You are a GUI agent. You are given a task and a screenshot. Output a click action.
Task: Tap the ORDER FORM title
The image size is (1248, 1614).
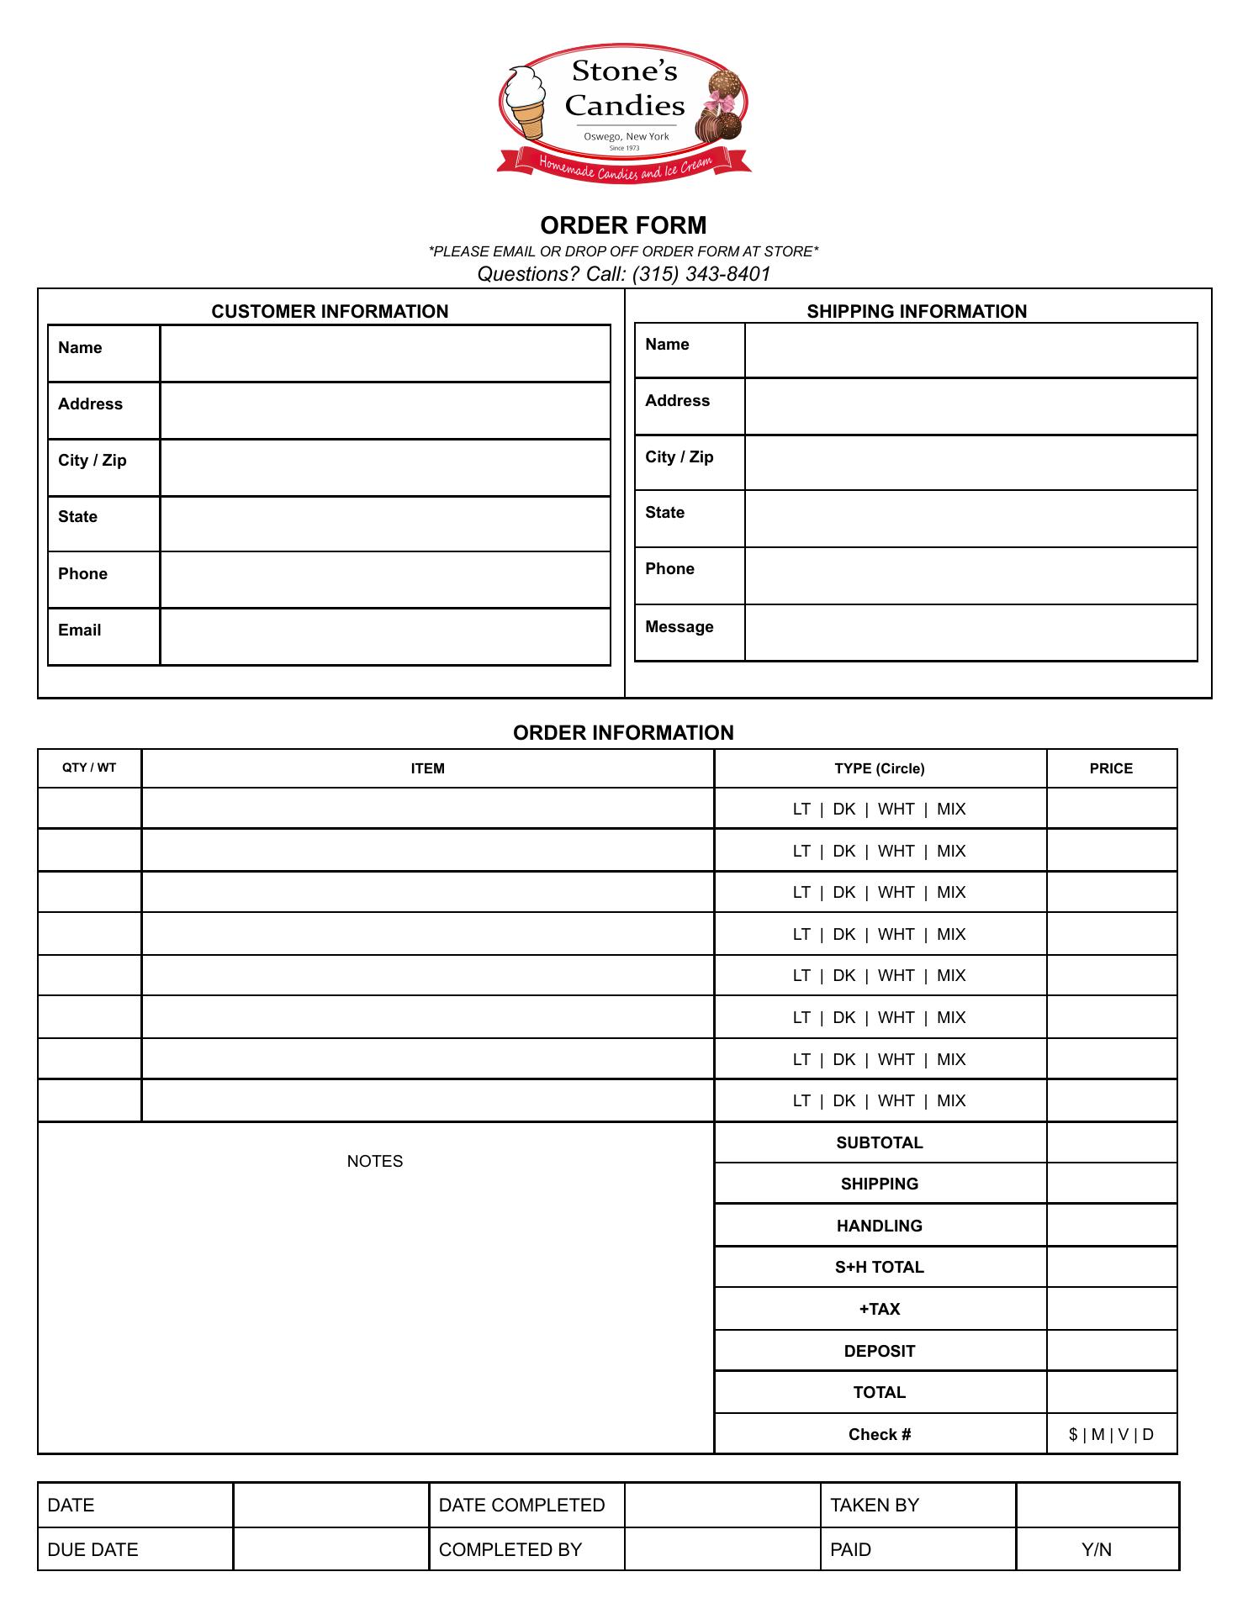pos(623,225)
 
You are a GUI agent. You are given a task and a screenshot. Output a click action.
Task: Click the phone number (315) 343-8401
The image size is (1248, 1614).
pos(701,274)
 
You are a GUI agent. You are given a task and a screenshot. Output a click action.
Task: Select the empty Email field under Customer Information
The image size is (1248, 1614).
pos(384,636)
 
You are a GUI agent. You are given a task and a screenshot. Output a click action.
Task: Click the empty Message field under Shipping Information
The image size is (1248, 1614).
pos(970,632)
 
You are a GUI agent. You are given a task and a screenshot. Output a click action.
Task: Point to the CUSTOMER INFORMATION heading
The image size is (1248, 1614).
pos(330,311)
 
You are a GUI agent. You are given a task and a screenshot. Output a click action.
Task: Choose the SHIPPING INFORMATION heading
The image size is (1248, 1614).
pos(917,311)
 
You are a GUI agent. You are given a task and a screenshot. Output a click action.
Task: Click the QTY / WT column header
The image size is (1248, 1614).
pos(89,767)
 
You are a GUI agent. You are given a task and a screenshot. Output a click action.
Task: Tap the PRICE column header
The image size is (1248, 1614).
pos(1111,768)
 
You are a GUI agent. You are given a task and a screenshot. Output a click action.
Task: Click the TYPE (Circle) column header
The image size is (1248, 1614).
pos(880,768)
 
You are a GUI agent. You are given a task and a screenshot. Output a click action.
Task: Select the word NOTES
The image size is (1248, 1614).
pos(375,1161)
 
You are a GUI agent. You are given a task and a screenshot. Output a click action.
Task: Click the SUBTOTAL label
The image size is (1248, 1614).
pos(880,1142)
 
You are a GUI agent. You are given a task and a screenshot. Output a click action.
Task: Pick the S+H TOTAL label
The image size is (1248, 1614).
pos(880,1267)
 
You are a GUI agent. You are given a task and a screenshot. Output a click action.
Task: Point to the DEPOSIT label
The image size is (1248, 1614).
pos(880,1351)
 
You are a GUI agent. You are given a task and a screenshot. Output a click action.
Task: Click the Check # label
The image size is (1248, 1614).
pos(880,1434)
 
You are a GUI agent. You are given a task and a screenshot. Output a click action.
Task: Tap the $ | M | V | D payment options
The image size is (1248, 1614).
pos(1111,1434)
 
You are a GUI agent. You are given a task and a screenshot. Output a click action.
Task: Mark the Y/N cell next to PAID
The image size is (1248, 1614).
pos(1097,1549)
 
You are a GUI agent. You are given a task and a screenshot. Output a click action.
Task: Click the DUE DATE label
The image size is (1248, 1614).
pos(93,1549)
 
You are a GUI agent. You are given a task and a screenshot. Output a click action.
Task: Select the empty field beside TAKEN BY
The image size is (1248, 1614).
pos(1097,1505)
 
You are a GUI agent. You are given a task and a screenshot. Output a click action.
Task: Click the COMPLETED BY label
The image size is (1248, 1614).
pos(510,1549)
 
